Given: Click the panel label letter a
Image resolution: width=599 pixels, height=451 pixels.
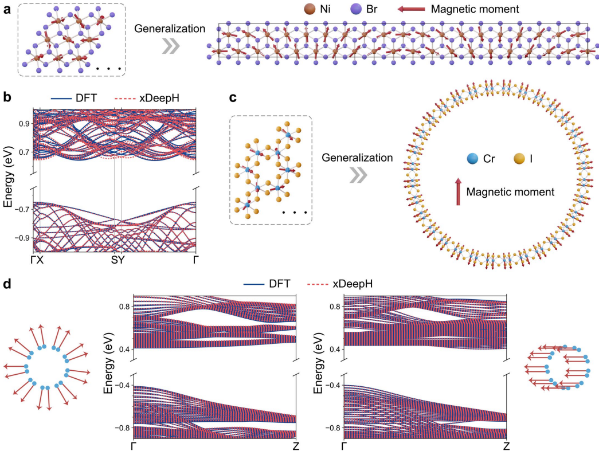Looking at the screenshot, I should pyautogui.click(x=7, y=10).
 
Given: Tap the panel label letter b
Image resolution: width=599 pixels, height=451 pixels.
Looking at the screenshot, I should pyautogui.click(x=7, y=97).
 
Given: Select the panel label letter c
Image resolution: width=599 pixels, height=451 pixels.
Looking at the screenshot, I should pyautogui.click(x=233, y=97).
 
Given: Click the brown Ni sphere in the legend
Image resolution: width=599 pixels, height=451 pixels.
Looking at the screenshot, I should pyautogui.click(x=295, y=9).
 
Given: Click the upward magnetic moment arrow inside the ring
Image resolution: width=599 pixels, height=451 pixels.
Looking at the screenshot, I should pyautogui.click(x=458, y=191).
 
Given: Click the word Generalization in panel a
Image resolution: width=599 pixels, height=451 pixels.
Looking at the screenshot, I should pyautogui.click(x=169, y=28).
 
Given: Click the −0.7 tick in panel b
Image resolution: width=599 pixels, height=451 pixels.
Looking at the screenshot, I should pyautogui.click(x=21, y=209).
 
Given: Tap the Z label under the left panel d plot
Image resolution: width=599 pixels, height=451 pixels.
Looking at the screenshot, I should pyautogui.click(x=295, y=446).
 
